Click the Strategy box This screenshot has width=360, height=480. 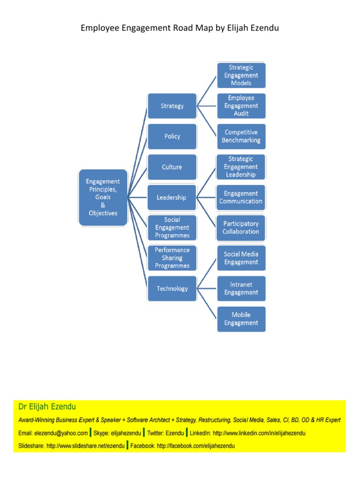[172, 106]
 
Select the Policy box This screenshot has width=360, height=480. [172, 136]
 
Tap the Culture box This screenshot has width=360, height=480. [172, 167]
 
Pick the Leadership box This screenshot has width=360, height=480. [172, 197]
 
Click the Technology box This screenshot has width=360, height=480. [172, 289]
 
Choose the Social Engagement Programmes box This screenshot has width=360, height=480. [172, 228]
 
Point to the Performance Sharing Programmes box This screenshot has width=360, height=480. [172, 258]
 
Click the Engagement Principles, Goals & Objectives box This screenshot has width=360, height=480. [103, 197]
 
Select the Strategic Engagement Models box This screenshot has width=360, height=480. [241, 75]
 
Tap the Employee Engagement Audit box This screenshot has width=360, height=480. [241, 106]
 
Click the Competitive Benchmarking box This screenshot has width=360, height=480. [241, 136]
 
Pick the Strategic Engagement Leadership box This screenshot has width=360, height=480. [240, 167]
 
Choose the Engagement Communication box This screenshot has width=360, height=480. [240, 197]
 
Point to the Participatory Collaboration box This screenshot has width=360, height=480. [240, 228]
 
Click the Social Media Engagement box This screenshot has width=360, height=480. [241, 258]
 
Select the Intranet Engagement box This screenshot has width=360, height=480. [241, 289]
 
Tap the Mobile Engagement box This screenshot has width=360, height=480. [241, 319]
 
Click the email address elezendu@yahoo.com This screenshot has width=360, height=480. [61, 433]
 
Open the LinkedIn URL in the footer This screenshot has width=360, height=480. [259, 433]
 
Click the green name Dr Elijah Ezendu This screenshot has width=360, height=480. [47, 406]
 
